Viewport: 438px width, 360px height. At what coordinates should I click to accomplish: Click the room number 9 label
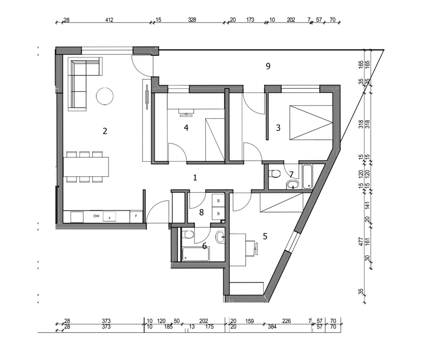click(x=268, y=66)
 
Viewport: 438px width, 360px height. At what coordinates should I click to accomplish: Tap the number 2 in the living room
click(x=105, y=131)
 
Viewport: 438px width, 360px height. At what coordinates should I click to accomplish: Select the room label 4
click(x=186, y=128)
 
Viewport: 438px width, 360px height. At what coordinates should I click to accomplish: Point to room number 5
click(x=265, y=236)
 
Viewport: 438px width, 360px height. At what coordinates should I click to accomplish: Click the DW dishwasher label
click(x=96, y=216)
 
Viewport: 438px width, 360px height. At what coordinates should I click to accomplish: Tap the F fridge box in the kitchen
click(x=136, y=216)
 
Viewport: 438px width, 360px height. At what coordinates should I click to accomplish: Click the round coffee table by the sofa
click(x=105, y=96)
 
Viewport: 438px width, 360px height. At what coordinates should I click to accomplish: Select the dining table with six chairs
click(x=86, y=167)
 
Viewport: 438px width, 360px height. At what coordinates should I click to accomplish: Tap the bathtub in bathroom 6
click(x=196, y=254)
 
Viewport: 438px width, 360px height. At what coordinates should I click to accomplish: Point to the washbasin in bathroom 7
click(x=293, y=184)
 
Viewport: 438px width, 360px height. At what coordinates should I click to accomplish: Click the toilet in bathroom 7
click(x=274, y=174)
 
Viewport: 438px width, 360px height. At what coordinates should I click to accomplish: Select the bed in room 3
click(x=311, y=122)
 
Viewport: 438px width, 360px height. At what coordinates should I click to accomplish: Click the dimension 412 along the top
click(x=109, y=20)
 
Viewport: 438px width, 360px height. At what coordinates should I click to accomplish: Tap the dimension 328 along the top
click(x=192, y=20)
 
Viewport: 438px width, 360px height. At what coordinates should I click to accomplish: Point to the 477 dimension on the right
click(x=361, y=242)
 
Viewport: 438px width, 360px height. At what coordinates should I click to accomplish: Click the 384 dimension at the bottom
click(x=272, y=327)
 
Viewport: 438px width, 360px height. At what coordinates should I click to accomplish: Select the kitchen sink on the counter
click(x=109, y=216)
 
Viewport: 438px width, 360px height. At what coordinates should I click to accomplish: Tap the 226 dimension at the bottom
click(x=287, y=321)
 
